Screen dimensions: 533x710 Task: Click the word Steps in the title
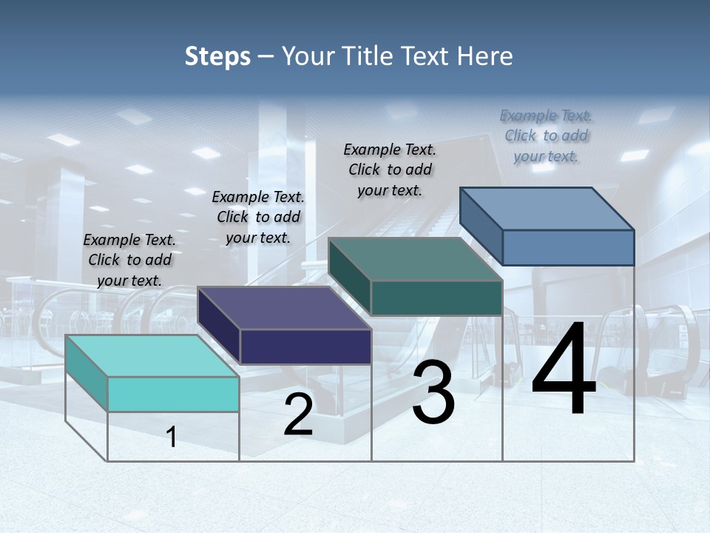217,56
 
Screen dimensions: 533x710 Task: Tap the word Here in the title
485,56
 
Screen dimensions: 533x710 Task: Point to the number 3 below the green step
433,393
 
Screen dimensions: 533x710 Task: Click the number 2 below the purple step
298,415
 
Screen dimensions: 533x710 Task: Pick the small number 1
172,437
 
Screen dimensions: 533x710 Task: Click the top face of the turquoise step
152,355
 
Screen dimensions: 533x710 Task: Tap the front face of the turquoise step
173,394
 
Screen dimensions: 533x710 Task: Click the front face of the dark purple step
305,346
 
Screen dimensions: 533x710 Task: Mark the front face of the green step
436,298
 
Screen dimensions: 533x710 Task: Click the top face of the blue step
547,208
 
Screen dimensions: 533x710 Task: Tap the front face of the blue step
568,247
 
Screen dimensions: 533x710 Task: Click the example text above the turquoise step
129,260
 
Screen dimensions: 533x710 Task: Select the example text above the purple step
258,217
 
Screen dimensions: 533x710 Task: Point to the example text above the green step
390,170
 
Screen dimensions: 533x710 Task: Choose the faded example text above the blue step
546,135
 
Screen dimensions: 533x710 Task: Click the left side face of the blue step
481,226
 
